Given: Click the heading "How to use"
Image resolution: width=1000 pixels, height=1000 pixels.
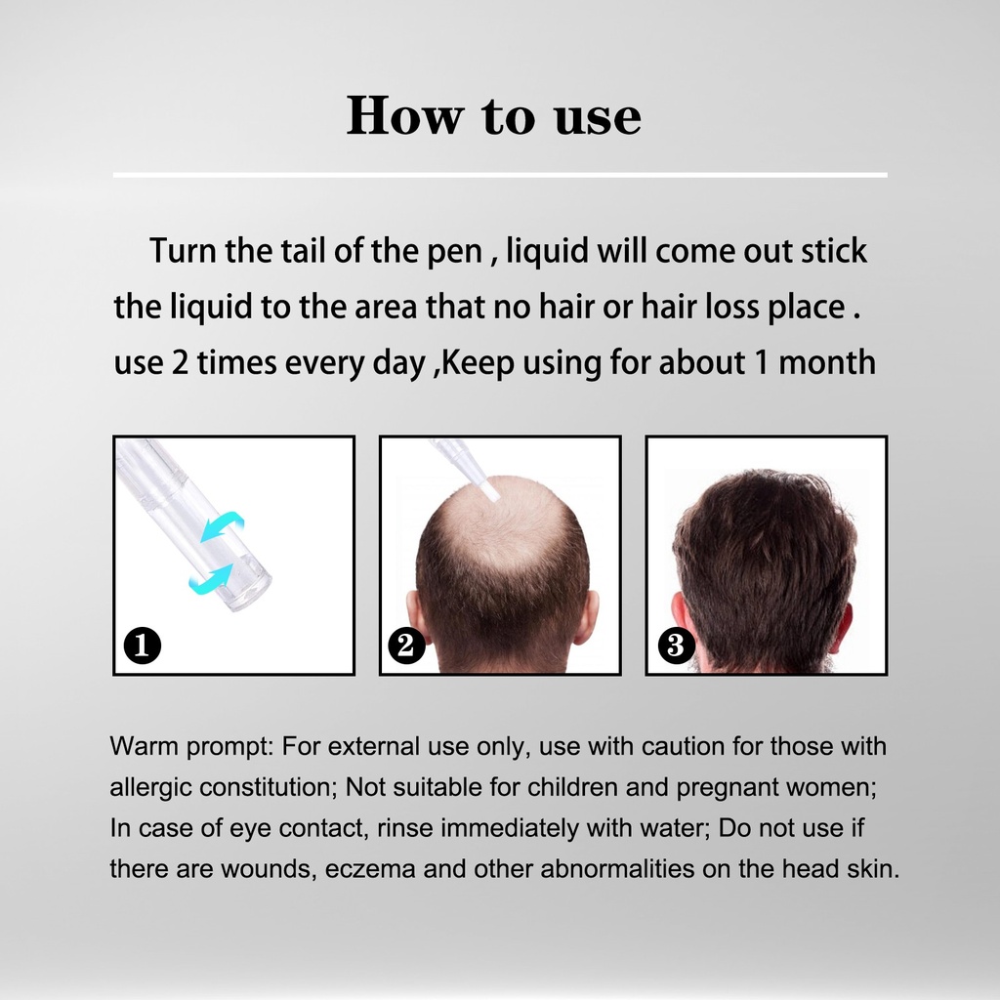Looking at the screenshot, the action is (493, 115).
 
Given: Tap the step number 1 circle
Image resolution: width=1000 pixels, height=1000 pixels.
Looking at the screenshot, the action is (142, 646).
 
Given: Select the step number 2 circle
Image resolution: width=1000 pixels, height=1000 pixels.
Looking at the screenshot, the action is (406, 646).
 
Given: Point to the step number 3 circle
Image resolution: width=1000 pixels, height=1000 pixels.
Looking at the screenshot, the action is (676, 646).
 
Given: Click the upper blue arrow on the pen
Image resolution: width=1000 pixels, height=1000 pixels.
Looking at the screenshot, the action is (223, 525).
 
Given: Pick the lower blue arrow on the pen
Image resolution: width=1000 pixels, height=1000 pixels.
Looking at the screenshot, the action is (212, 578).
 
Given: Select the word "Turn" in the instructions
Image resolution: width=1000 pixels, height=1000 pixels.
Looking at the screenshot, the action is (183, 251).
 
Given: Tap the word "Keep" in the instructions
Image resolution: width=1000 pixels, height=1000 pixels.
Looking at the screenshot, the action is (478, 363).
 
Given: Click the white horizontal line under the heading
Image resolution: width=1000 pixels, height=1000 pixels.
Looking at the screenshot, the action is (500, 174).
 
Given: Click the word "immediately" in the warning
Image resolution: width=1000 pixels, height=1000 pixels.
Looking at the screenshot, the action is (509, 828).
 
